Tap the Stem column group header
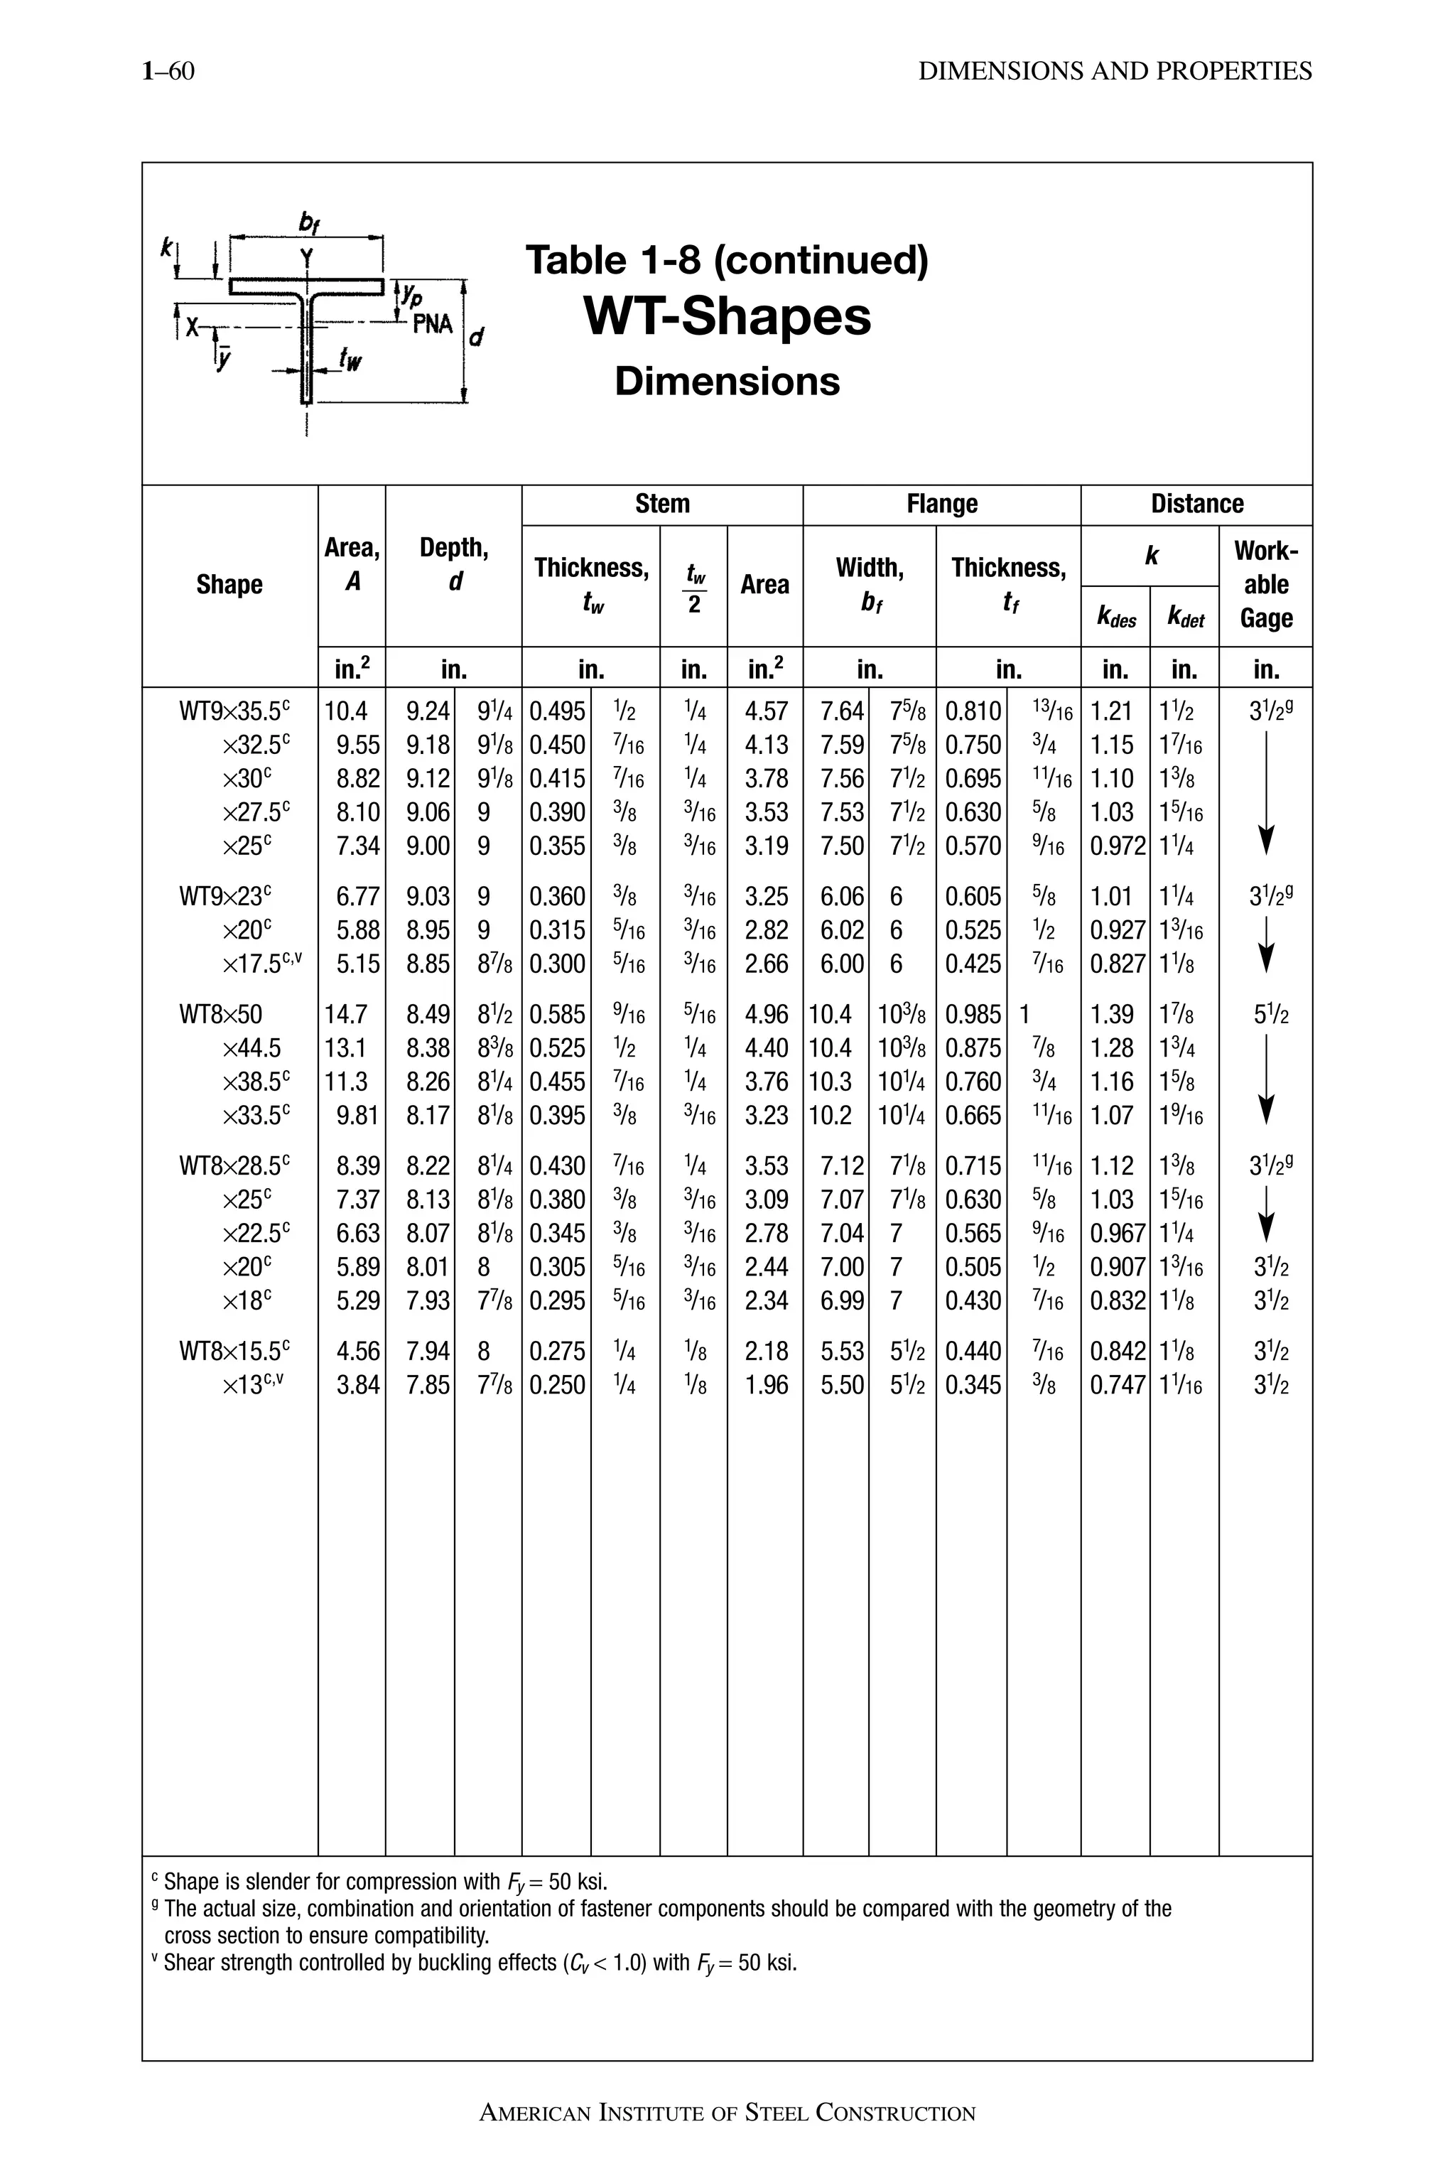(x=661, y=504)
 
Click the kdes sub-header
(x=1115, y=618)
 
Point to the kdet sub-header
(x=1185, y=618)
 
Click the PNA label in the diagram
(x=433, y=324)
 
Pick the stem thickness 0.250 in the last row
(x=557, y=1385)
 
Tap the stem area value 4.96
(x=766, y=1015)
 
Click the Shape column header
(x=229, y=585)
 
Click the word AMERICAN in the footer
(x=534, y=2114)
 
